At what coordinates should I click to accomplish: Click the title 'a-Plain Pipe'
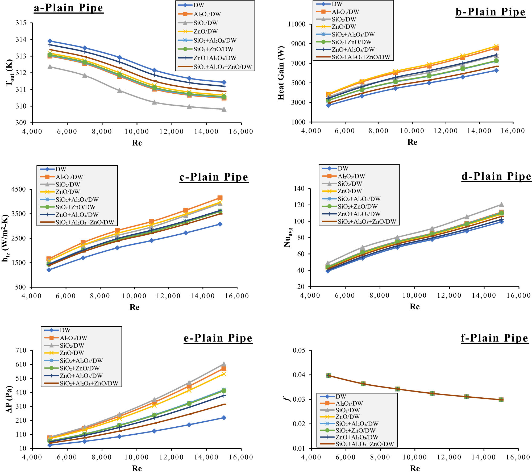coord(68,8)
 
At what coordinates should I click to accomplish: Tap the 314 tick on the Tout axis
coord(21,40)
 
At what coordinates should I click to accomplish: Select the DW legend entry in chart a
coord(198,5)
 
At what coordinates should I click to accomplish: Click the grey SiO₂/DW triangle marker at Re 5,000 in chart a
coord(50,67)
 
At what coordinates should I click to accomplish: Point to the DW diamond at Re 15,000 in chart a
coord(224,82)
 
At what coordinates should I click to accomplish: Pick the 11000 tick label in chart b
coord(297,24)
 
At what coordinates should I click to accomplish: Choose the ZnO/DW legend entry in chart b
coord(343,27)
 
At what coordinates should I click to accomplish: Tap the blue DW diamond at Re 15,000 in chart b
coord(496,70)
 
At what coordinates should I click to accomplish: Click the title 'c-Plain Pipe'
coord(214,177)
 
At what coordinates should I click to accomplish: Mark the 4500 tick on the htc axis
coord(18,190)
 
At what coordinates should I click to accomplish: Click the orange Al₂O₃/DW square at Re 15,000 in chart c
coord(220,198)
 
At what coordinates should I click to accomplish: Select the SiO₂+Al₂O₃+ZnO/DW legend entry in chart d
coord(367,222)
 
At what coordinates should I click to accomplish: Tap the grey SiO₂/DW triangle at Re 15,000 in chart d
coord(501,205)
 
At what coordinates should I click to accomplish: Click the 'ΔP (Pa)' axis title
coord(9,399)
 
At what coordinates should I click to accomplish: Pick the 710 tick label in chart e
coord(21,351)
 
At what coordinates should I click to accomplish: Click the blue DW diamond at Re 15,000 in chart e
coord(224,418)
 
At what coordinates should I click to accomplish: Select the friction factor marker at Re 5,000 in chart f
coord(329,376)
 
